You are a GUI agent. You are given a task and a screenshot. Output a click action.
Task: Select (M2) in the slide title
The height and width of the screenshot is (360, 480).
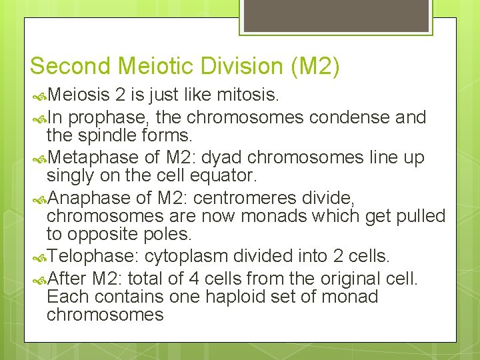[x=315, y=66]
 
